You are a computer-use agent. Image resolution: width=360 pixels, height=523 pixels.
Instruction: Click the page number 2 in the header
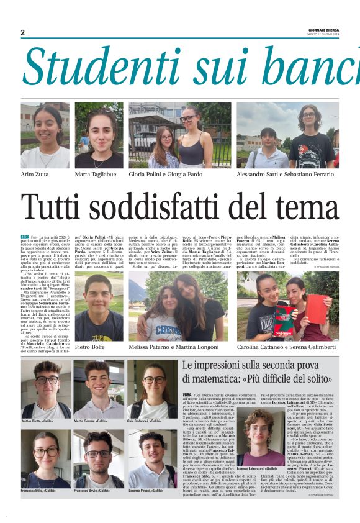(x=22, y=32)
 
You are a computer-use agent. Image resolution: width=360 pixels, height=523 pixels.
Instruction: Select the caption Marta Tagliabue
(x=96, y=175)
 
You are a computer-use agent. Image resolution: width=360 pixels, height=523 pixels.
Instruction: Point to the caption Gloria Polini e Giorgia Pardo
(x=166, y=175)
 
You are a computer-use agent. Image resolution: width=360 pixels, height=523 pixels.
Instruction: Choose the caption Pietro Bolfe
(x=91, y=347)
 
